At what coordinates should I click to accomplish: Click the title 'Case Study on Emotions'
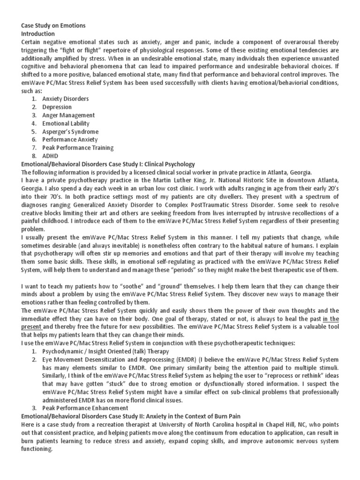(53, 25)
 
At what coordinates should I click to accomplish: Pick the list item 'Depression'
(57, 107)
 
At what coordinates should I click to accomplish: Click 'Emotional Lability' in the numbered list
(66, 123)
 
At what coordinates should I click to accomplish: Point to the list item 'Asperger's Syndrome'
(70, 132)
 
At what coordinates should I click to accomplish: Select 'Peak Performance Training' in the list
(78, 148)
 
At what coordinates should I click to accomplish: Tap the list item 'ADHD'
(50, 156)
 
